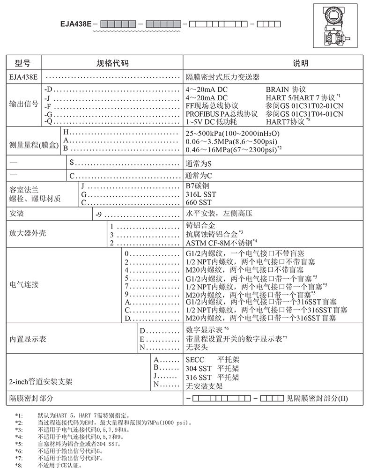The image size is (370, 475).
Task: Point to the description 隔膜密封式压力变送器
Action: click(x=222, y=77)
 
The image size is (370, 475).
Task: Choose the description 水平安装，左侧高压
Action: click(x=219, y=214)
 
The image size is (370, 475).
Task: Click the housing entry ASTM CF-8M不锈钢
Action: click(x=219, y=243)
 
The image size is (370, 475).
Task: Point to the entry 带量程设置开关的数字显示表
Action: click(x=234, y=339)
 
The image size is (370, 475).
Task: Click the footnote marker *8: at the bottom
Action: click(x=19, y=466)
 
